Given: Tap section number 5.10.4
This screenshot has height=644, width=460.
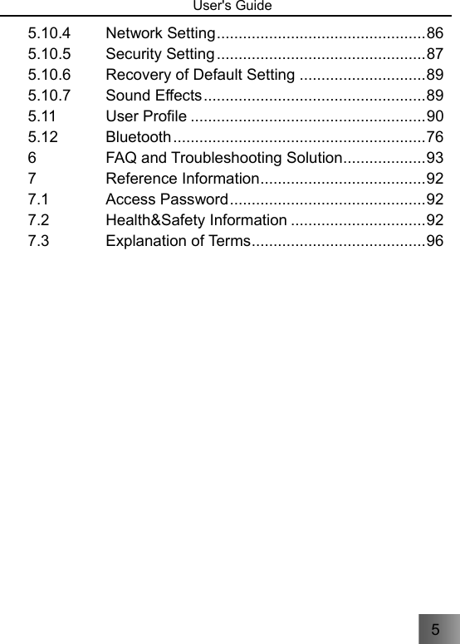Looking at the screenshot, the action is coord(49,34).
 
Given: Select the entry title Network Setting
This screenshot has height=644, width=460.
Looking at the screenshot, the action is coord(161,34).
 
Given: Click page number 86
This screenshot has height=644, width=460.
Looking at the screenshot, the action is coord(434,34).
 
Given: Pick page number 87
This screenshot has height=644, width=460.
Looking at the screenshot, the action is coord(434,55).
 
